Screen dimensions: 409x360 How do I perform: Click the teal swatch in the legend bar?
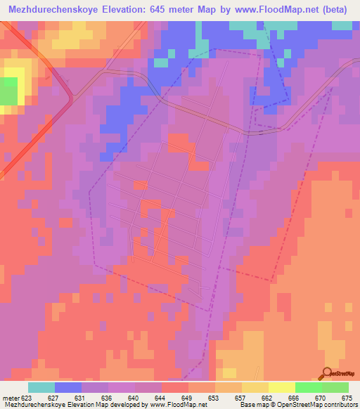coord(41,387)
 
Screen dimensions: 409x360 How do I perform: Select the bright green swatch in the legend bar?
coord(308,387)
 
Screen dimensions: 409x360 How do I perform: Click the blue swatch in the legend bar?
coord(67,387)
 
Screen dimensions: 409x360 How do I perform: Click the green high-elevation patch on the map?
coord(8,91)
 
